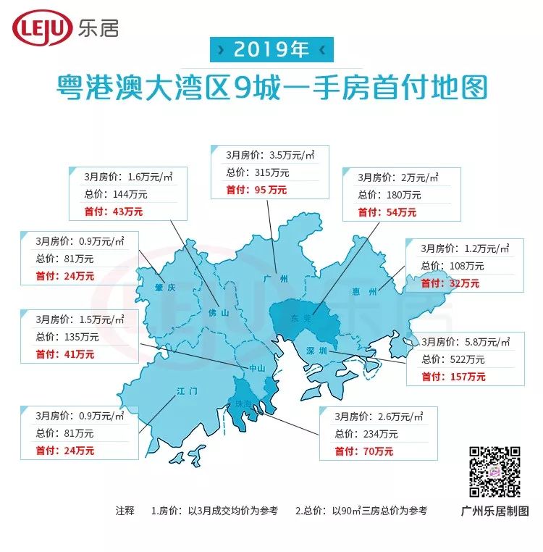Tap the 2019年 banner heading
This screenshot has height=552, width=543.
(271, 49)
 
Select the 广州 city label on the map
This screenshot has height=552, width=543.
(277, 278)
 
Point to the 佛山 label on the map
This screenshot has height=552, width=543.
(218, 314)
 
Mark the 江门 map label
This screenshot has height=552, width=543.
(186, 392)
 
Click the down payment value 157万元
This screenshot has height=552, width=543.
(463, 377)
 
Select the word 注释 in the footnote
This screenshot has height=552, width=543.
(125, 510)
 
